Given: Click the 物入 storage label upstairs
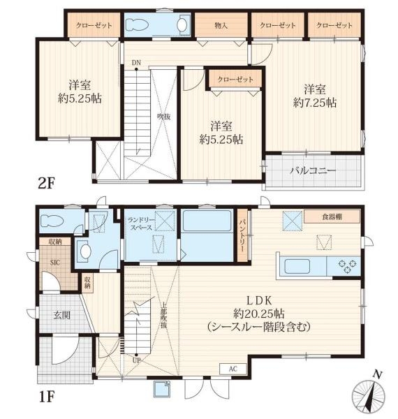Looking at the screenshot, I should click(221, 26).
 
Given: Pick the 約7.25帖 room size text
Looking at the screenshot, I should click(315, 103).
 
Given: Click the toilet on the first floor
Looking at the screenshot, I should click(53, 222).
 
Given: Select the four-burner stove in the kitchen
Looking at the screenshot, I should click(346, 265).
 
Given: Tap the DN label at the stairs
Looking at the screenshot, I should click(136, 62).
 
